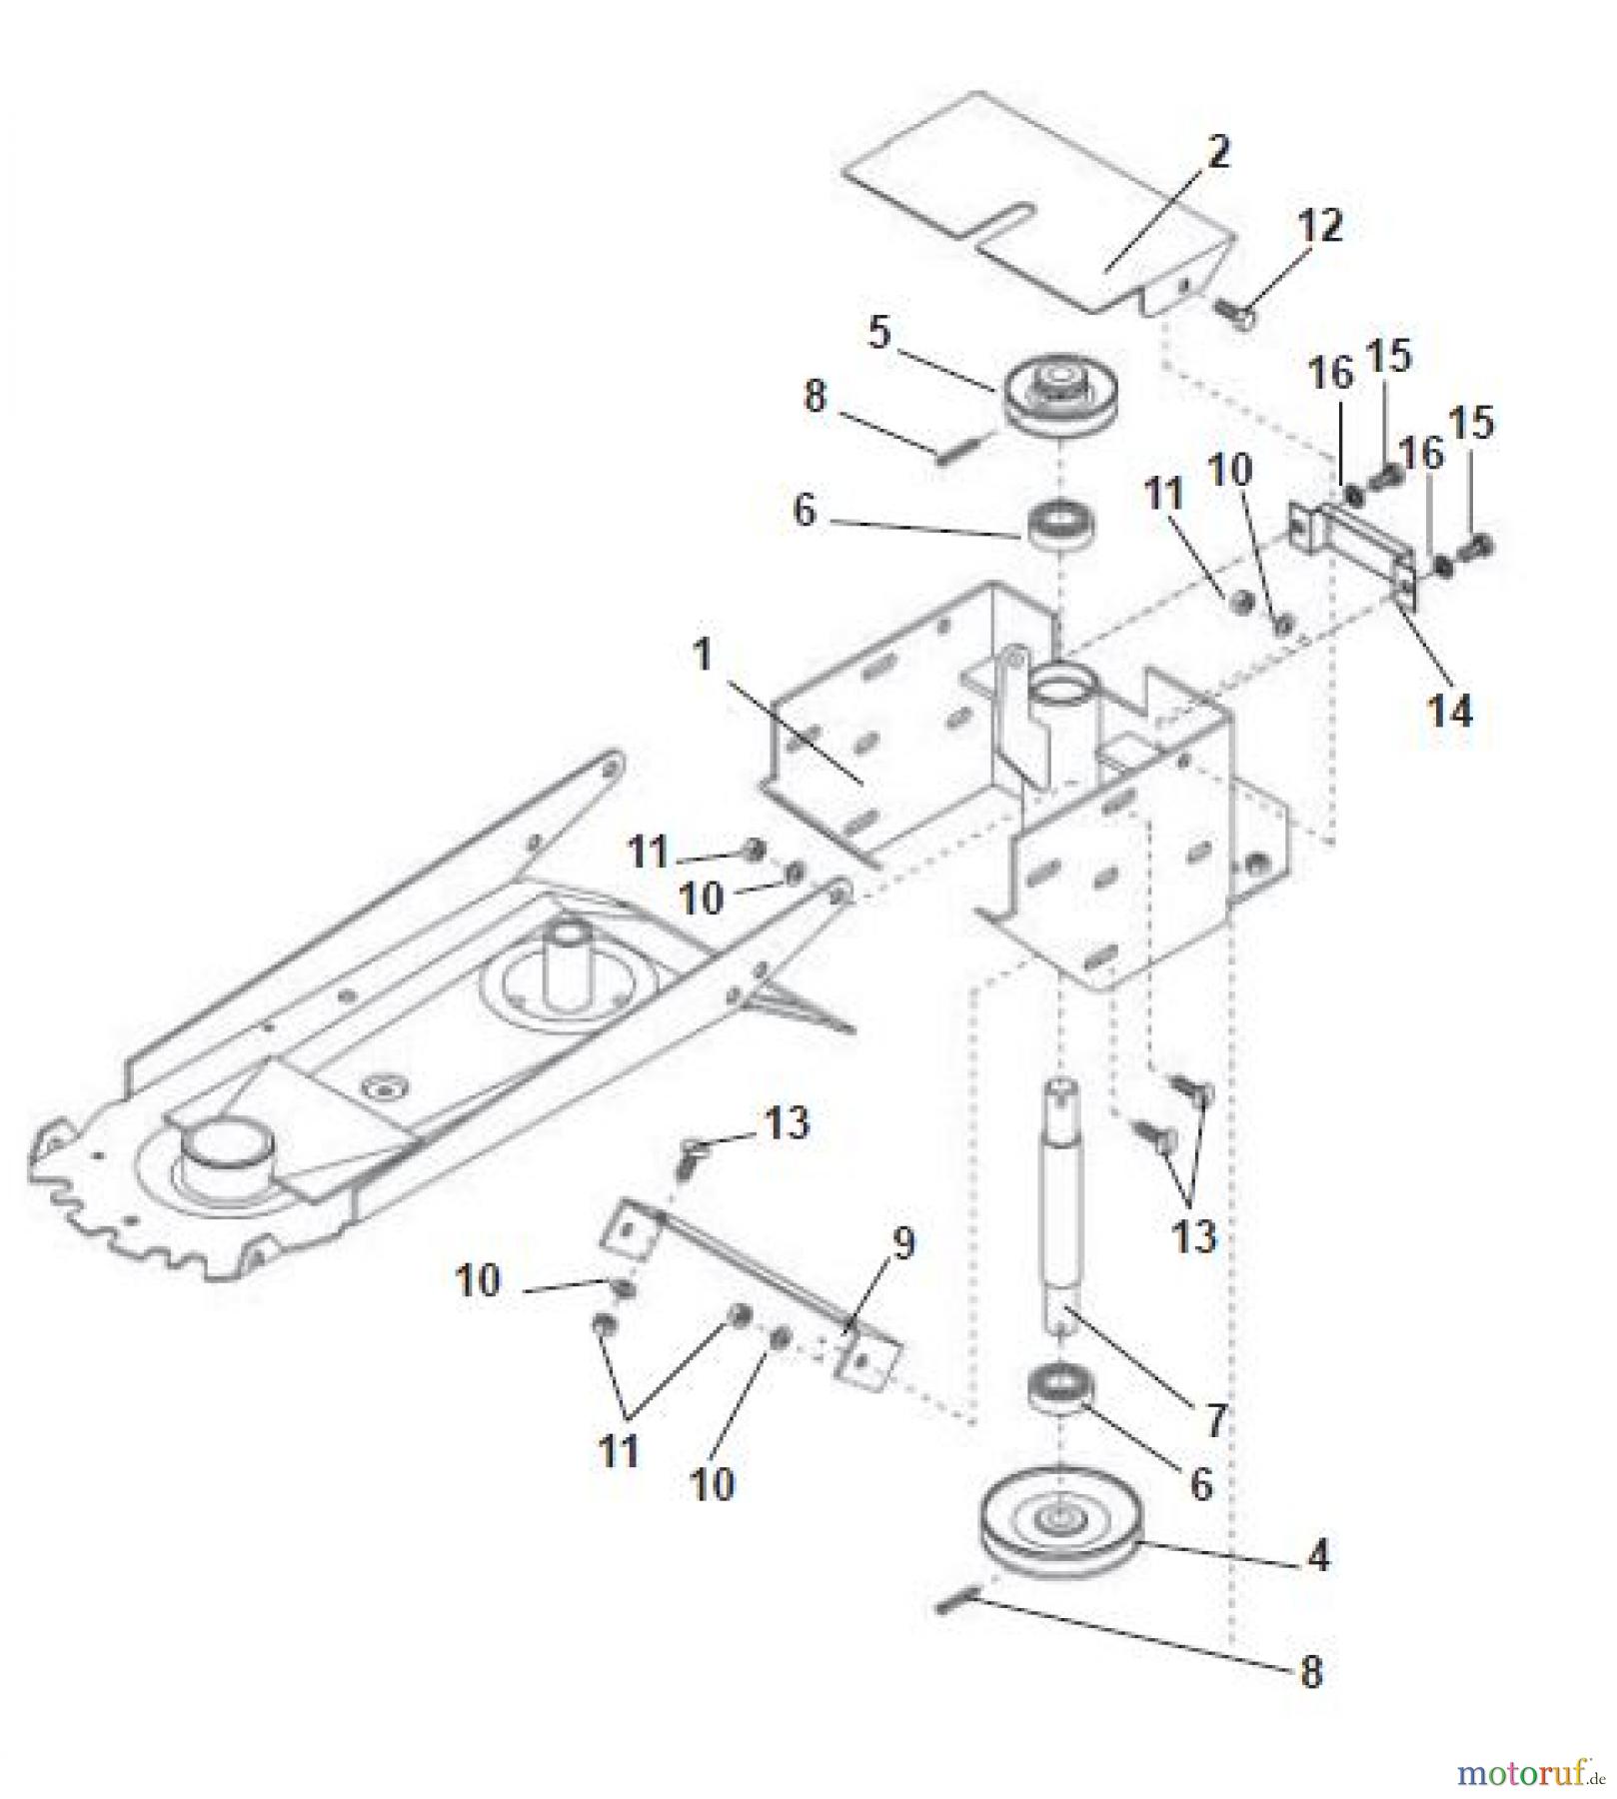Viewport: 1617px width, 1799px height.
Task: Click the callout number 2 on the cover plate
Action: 1217,153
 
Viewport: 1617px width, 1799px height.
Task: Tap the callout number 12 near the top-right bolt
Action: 1320,227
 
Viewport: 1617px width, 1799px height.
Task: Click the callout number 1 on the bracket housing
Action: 703,656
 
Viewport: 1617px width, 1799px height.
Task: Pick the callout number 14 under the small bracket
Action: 1449,712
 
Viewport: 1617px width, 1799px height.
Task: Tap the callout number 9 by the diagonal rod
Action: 902,1244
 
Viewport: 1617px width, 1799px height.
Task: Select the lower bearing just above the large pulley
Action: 1059,1389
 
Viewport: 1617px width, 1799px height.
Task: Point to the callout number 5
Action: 878,333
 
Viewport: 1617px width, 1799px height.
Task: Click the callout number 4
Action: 1319,1555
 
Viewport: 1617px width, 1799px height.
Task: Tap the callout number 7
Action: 1215,1420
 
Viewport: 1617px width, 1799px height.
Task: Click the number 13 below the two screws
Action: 1193,1236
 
